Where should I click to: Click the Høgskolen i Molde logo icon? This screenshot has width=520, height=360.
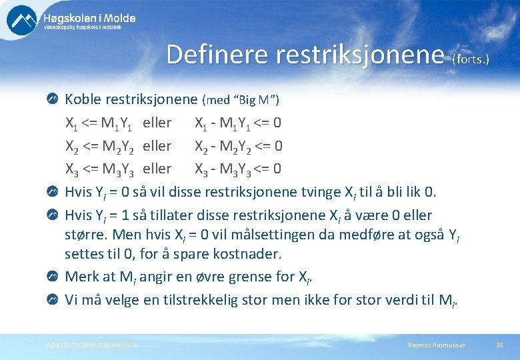click(22, 20)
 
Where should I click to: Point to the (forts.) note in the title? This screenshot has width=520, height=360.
click(471, 59)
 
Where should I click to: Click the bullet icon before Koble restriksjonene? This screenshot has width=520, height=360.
click(52, 99)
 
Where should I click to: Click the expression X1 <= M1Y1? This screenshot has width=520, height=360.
click(99, 123)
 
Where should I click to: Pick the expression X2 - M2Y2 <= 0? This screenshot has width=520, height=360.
click(238, 146)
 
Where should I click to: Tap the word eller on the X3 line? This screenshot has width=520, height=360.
click(157, 169)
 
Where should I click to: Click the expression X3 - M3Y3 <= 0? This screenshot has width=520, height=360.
click(238, 169)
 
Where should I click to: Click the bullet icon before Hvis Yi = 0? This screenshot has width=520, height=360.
click(52, 193)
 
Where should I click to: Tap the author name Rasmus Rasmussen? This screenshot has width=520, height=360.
click(437, 345)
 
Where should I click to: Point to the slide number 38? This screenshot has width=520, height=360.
click(499, 345)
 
